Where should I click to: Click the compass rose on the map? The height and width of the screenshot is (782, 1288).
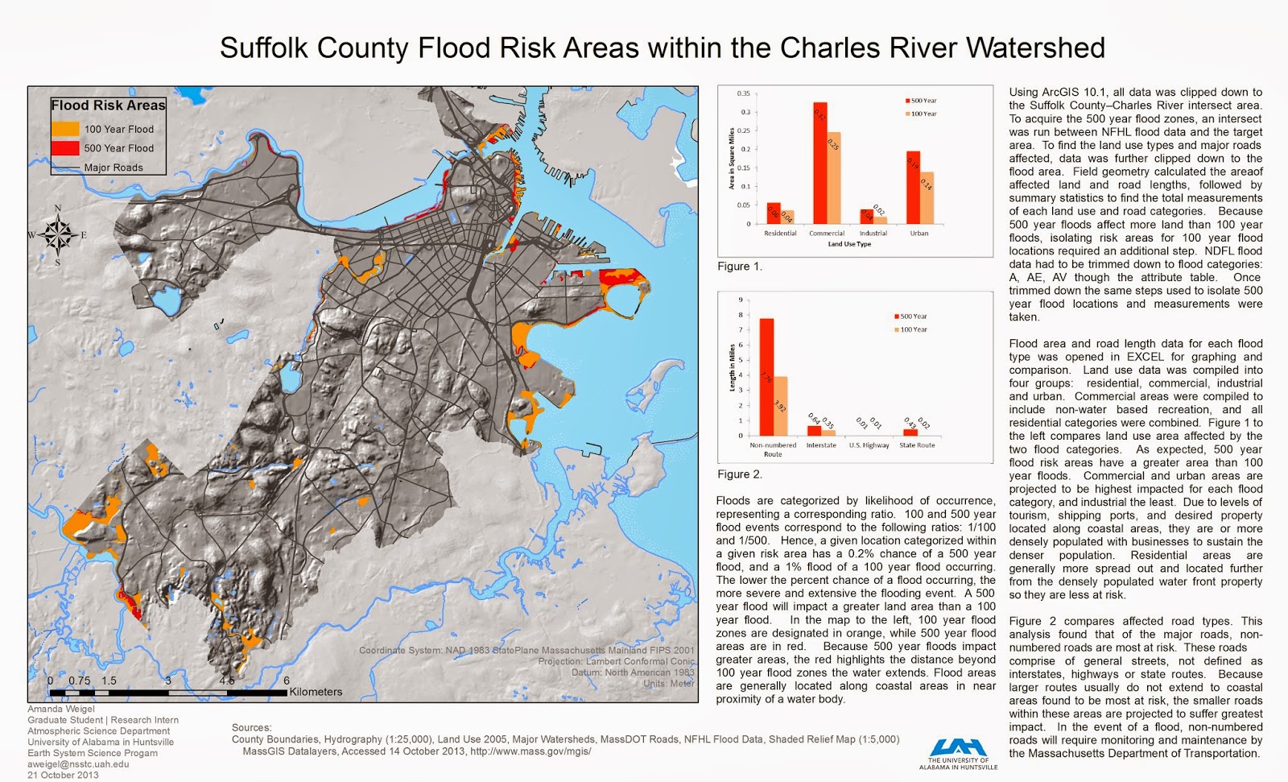(x=58, y=235)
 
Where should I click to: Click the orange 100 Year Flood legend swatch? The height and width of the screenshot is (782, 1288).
(x=65, y=129)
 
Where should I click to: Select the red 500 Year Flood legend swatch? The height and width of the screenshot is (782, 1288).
(x=65, y=148)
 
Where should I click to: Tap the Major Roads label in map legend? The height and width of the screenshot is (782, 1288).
(x=114, y=168)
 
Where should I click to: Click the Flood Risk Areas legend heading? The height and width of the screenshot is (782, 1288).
(x=108, y=106)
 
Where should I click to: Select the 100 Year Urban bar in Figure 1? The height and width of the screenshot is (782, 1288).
(x=927, y=198)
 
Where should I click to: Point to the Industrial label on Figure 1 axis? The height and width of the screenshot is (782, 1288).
(x=873, y=234)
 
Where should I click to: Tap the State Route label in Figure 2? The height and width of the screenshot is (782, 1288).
(x=917, y=445)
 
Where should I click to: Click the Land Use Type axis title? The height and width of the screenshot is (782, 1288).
(x=849, y=244)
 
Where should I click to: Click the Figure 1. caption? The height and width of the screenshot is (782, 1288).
(x=739, y=267)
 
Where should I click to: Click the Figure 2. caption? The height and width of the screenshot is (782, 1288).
(x=739, y=474)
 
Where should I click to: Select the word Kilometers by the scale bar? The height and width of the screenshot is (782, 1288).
(x=316, y=692)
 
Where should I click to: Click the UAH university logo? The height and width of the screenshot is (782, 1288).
(x=958, y=752)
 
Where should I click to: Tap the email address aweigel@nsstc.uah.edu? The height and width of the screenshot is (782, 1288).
(x=78, y=764)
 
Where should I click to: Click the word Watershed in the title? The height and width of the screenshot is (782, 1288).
(x=1035, y=48)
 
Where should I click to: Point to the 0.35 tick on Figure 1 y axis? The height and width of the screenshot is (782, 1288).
(x=743, y=93)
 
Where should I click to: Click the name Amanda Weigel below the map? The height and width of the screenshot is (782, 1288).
(x=60, y=710)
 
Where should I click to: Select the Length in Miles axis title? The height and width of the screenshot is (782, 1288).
(x=732, y=368)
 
